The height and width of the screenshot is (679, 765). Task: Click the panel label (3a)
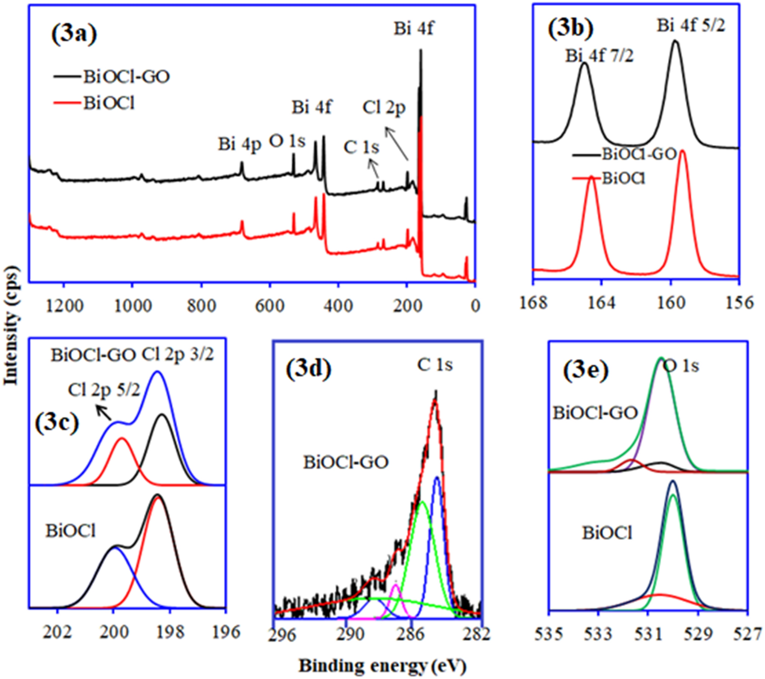pos(74,34)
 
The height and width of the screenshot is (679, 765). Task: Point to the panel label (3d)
pos(309,369)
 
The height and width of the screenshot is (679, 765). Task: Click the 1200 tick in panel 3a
pos(64,306)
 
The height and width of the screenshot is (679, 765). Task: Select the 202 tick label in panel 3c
pos(57,633)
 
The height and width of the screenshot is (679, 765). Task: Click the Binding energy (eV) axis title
pos(382,666)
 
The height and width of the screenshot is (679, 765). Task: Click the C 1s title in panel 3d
pos(435,365)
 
